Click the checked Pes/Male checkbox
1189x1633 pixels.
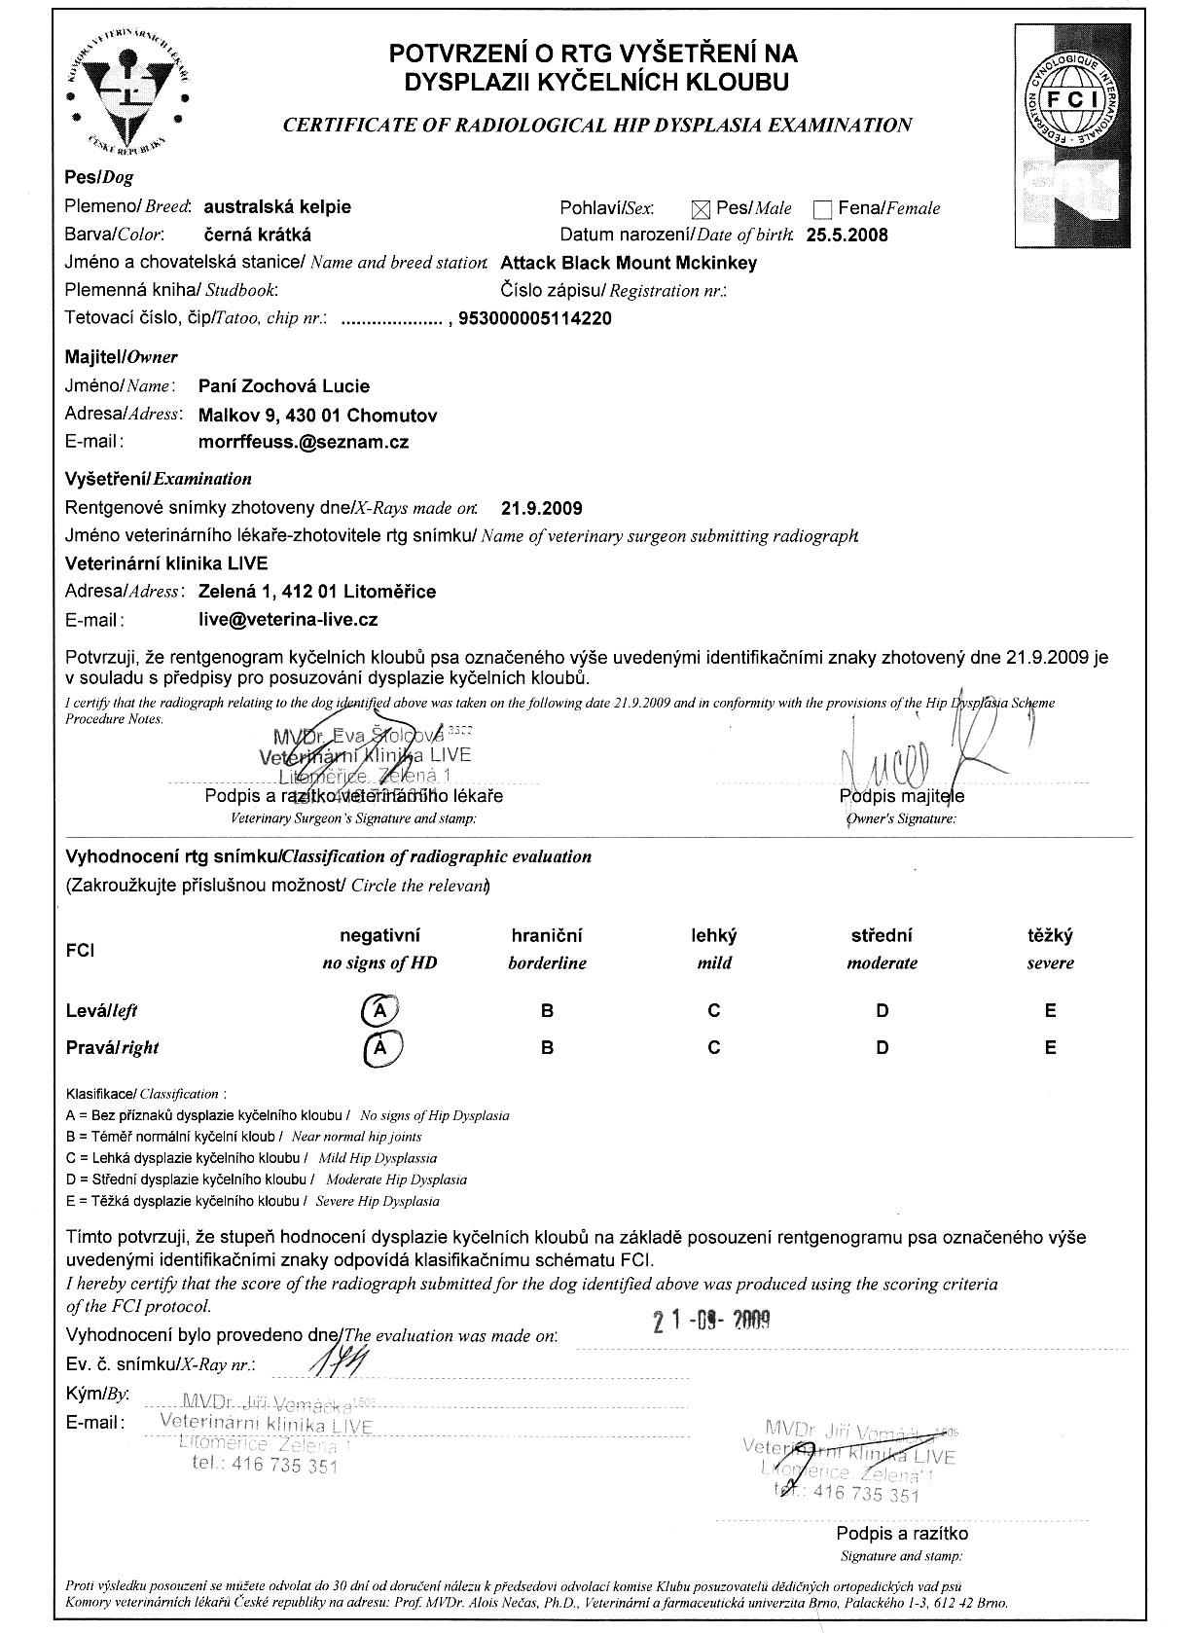[x=701, y=208]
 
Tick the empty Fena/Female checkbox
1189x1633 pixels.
[x=823, y=209]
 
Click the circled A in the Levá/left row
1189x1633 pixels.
[x=380, y=1010]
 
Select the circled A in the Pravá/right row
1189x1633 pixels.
[x=382, y=1047]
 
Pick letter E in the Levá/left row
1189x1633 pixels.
[x=1050, y=1010]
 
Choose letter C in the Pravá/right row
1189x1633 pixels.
[x=714, y=1047]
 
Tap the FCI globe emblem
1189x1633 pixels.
[x=1069, y=100]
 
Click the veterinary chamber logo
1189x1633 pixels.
[x=127, y=90]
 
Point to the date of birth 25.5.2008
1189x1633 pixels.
[x=847, y=235]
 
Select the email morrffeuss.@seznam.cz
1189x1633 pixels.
[x=303, y=442]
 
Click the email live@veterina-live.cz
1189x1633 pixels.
[x=287, y=619]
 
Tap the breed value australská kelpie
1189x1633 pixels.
[x=277, y=206]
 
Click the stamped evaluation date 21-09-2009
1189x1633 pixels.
[x=710, y=1321]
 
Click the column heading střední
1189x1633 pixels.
[x=882, y=936]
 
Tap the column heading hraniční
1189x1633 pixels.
[x=547, y=936]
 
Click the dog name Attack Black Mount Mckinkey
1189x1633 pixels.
[x=628, y=263]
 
